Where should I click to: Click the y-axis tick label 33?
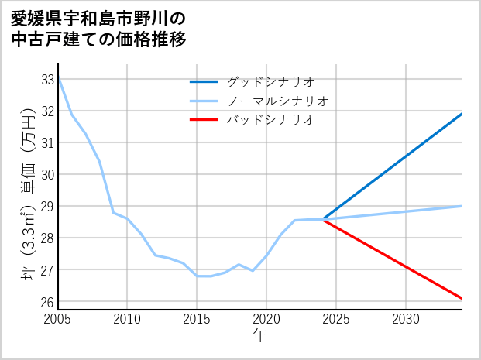pyautogui.click(x=47, y=80)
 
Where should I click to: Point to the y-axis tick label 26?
pyautogui.click(x=47, y=302)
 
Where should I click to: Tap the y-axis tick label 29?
pyautogui.click(x=47, y=207)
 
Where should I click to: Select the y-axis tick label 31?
pyautogui.click(x=47, y=143)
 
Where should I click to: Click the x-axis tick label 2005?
pyautogui.click(x=58, y=319)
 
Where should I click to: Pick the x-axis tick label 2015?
pyautogui.click(x=197, y=319)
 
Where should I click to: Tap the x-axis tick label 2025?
pyautogui.click(x=336, y=319)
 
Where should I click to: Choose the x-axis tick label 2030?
pyautogui.click(x=406, y=319)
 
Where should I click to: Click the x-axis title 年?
pyautogui.click(x=260, y=335)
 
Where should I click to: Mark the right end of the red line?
pyautogui.click(x=462, y=298)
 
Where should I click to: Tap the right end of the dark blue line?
pyautogui.click(x=462, y=114)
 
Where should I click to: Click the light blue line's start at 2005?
pyautogui.click(x=59, y=80)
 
